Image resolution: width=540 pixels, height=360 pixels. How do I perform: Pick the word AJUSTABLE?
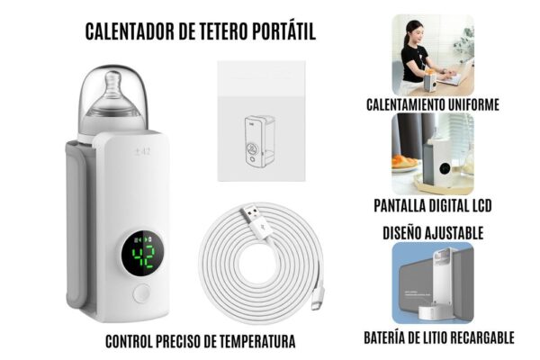point(454,233)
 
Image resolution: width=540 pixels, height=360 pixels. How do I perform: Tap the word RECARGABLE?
point(479,337)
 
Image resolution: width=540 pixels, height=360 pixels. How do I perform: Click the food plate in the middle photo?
point(406,163)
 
